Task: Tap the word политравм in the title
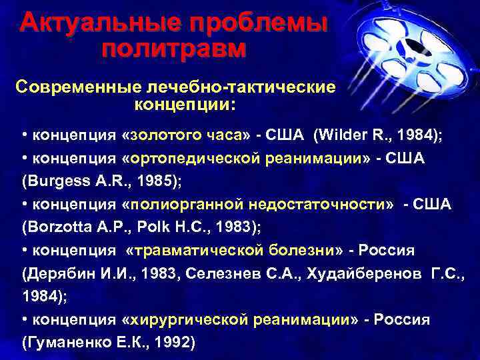175,49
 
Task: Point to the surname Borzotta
61,225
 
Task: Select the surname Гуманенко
67,342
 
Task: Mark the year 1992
179,342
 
